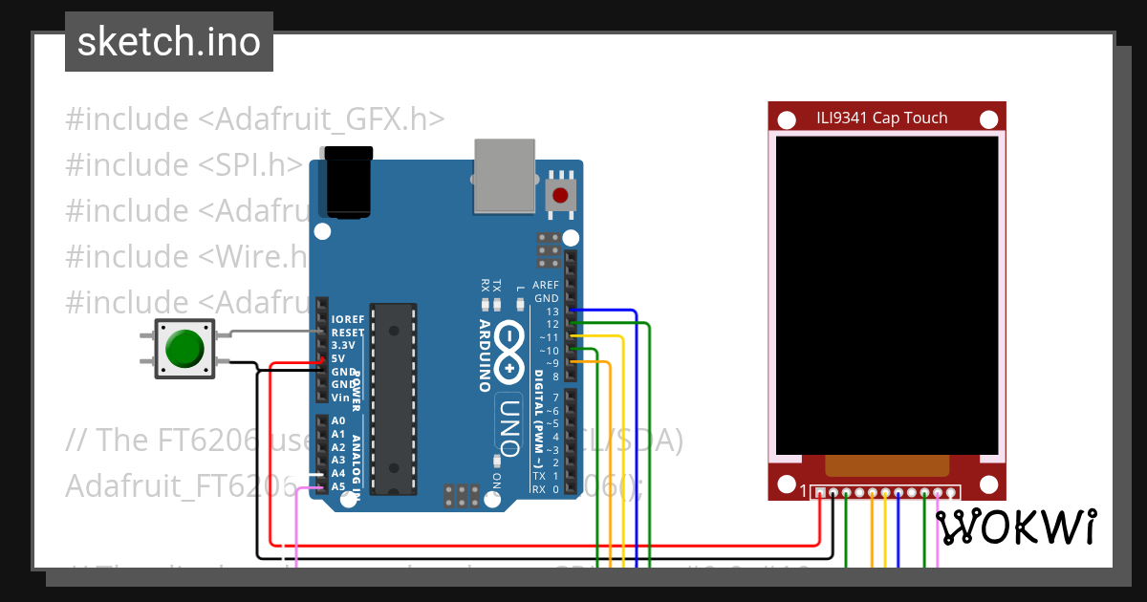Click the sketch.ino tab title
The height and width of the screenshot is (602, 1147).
point(168,42)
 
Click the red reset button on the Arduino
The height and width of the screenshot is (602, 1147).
point(560,196)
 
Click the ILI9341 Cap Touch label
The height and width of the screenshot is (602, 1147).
point(881,118)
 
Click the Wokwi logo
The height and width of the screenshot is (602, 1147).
point(1015,527)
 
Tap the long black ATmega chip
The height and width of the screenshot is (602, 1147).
point(394,398)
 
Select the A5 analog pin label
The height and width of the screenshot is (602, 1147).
point(338,486)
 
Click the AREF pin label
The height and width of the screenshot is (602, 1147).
point(545,285)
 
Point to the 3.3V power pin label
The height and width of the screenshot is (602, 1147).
point(342,345)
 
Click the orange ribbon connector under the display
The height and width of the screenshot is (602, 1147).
point(887,465)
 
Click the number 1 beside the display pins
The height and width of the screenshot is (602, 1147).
point(803,492)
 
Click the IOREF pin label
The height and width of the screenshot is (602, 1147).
point(346,318)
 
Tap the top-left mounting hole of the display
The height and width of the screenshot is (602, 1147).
point(787,119)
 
